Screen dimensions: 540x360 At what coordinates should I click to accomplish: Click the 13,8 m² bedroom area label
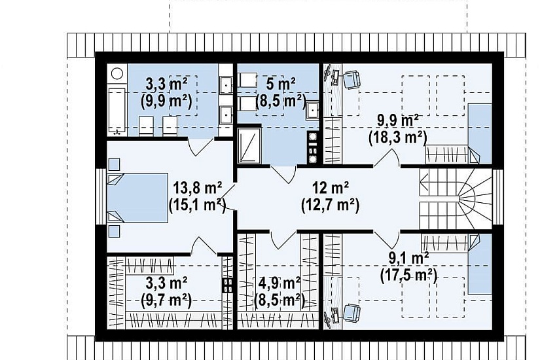pyautogui.click(x=197, y=189)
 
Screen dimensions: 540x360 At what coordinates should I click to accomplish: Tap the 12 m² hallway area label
pyautogui.click(x=331, y=188)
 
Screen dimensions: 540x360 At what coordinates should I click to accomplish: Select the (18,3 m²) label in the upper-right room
pyautogui.click(x=397, y=138)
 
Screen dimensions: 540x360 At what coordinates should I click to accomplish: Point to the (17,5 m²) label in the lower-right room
pyautogui.click(x=408, y=276)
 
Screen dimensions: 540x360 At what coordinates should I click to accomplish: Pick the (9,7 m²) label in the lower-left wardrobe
pyautogui.click(x=166, y=300)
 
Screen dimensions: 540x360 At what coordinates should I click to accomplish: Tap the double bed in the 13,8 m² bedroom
pyautogui.click(x=137, y=198)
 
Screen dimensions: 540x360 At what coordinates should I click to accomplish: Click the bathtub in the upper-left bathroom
pyautogui.click(x=117, y=110)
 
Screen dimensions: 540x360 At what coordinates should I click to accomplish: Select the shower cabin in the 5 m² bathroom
pyautogui.click(x=249, y=145)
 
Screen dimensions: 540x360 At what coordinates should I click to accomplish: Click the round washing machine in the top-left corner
pyautogui.click(x=117, y=74)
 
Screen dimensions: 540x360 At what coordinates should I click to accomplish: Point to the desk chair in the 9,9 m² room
pyautogui.click(x=352, y=80)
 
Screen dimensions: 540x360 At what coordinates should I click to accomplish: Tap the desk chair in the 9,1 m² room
pyautogui.click(x=352, y=313)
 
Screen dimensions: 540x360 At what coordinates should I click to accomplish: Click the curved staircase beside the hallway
pyautogui.click(x=456, y=199)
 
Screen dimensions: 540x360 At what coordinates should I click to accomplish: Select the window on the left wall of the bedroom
pyautogui.click(x=100, y=197)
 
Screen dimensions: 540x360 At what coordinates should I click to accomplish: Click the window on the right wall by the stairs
pyautogui.click(x=498, y=197)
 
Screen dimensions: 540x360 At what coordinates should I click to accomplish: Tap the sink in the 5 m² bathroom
pyautogui.click(x=313, y=110)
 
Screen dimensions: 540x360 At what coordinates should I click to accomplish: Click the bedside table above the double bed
pyautogui.click(x=115, y=164)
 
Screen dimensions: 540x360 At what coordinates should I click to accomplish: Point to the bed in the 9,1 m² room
pyautogui.click(x=480, y=264)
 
